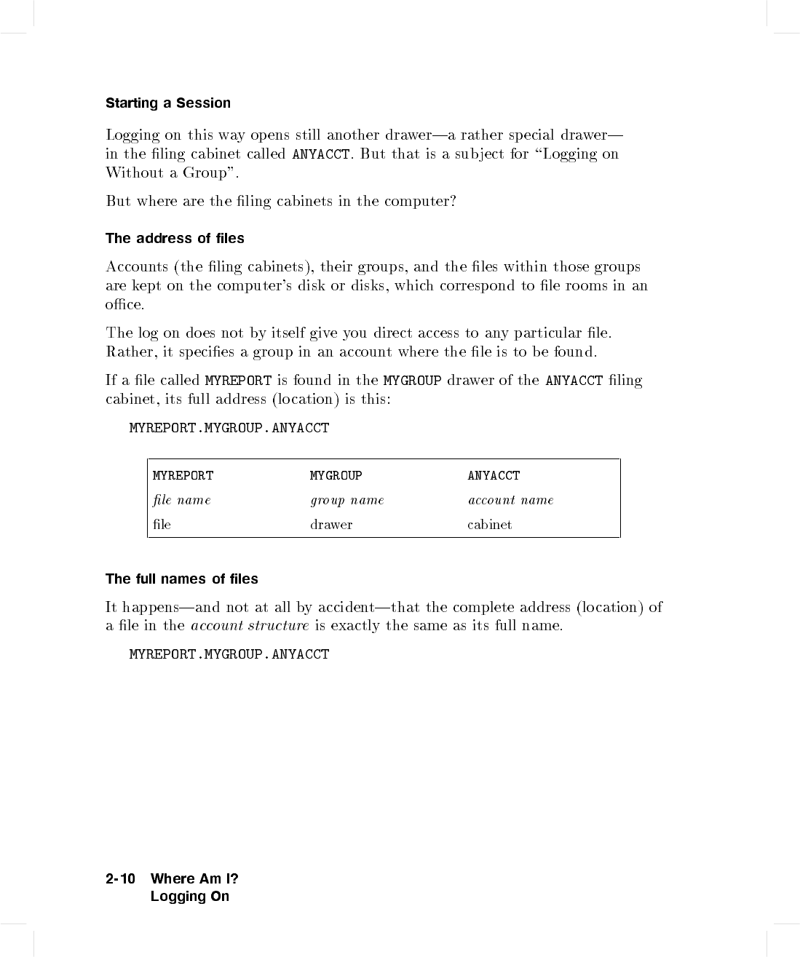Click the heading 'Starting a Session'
167,103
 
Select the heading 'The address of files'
175,239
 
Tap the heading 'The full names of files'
181,579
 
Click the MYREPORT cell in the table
183,476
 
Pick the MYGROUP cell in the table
336,476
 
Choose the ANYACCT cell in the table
494,476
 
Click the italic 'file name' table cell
182,501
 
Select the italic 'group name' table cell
346,501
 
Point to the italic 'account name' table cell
510,501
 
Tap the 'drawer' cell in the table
331,525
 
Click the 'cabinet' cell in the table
489,525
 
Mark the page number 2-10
120,879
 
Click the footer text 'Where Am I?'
194,879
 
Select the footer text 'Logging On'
189,897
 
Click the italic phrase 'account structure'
250,626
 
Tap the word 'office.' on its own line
124,305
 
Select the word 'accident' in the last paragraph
346,608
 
